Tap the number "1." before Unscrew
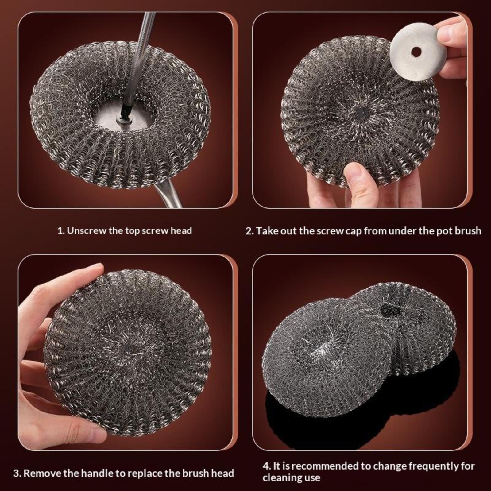(61, 230)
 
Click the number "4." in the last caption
(267, 466)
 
